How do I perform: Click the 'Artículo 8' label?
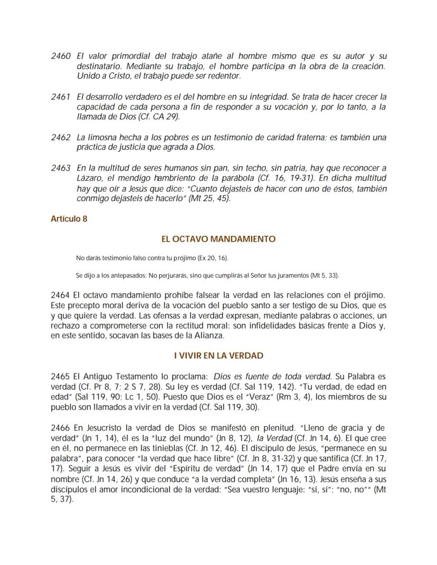pyautogui.click(x=69, y=219)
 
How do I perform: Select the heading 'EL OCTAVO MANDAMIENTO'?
pyautogui.click(x=218, y=238)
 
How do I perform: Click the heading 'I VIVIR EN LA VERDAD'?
pyautogui.click(x=218, y=356)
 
